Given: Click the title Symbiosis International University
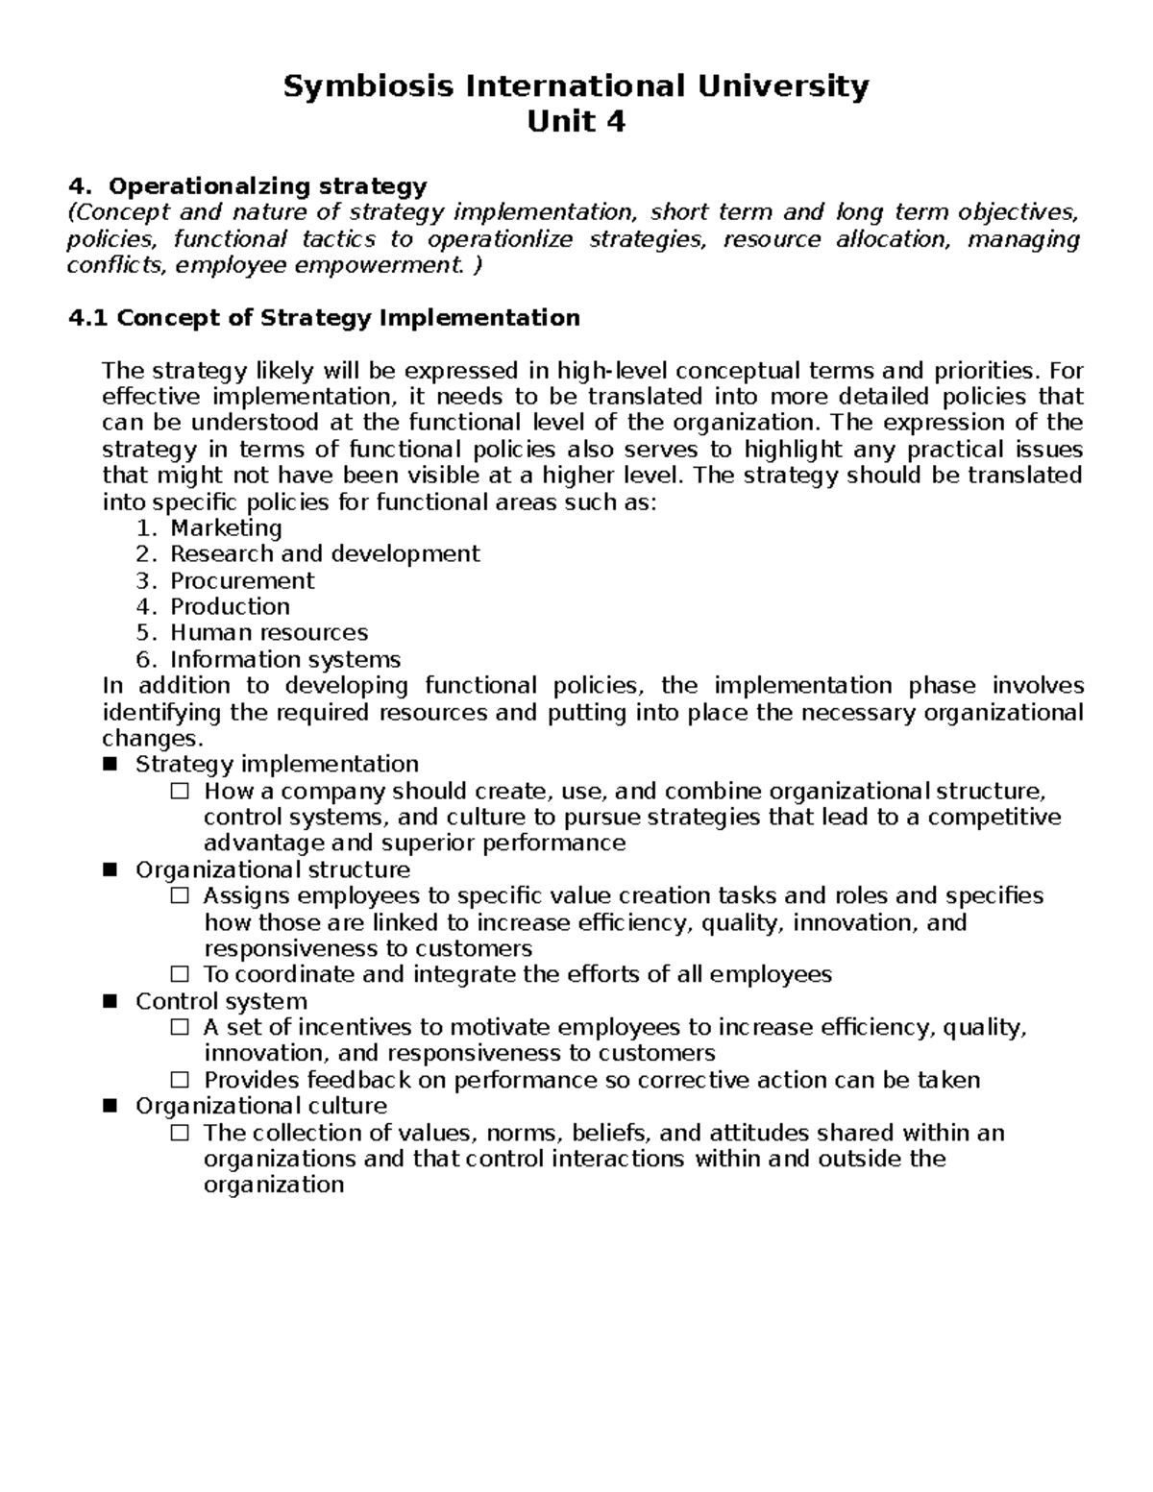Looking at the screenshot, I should tap(576, 86).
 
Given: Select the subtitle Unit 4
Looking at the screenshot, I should tap(576, 122).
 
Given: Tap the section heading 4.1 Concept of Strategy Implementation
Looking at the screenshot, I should tap(325, 318).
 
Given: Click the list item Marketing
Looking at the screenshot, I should tap(226, 528).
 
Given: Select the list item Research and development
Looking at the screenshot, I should tap(325, 554).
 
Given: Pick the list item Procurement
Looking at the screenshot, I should tap(242, 581).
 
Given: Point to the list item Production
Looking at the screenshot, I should tap(230, 607).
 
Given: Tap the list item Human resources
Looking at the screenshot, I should tap(269, 633).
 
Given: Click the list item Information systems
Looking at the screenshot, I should tap(285, 660).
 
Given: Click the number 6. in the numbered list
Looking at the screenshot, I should tap(145, 660).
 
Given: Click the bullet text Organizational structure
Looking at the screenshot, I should tap(273, 870).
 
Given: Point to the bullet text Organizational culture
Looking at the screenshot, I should tap(261, 1107).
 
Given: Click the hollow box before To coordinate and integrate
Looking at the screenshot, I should tap(180, 975).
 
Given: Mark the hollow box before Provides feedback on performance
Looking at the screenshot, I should tap(180, 1080).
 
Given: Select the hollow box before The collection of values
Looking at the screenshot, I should tap(180, 1133).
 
